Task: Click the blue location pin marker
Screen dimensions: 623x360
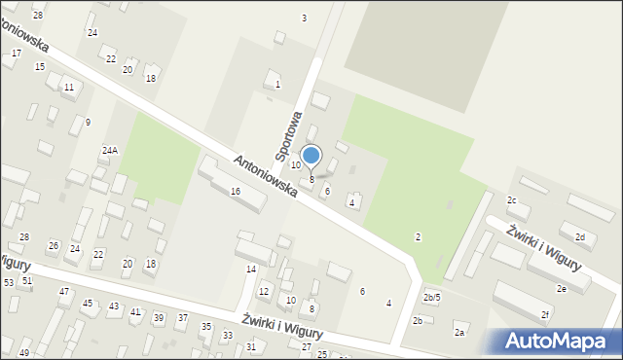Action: (x=311, y=156)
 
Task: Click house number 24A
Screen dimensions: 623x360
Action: (x=110, y=151)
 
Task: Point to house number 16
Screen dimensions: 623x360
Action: (x=235, y=192)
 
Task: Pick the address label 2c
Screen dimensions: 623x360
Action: (x=512, y=200)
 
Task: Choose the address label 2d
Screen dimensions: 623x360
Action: (x=580, y=237)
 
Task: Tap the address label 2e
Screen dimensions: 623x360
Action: (x=562, y=289)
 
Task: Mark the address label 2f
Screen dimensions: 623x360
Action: (x=546, y=314)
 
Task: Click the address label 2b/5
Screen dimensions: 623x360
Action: (x=431, y=297)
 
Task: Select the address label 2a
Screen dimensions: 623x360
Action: (x=459, y=333)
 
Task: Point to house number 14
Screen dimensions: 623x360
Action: (x=250, y=269)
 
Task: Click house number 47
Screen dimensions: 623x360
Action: (x=64, y=291)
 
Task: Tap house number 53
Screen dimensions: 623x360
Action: (x=8, y=282)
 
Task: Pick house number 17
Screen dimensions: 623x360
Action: (x=17, y=53)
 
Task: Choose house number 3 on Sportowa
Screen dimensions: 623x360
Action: (x=304, y=18)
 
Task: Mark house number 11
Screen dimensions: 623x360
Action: (x=68, y=88)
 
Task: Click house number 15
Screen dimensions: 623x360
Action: (x=39, y=67)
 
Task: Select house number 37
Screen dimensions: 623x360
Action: (x=183, y=318)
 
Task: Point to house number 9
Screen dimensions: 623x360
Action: (x=88, y=122)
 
